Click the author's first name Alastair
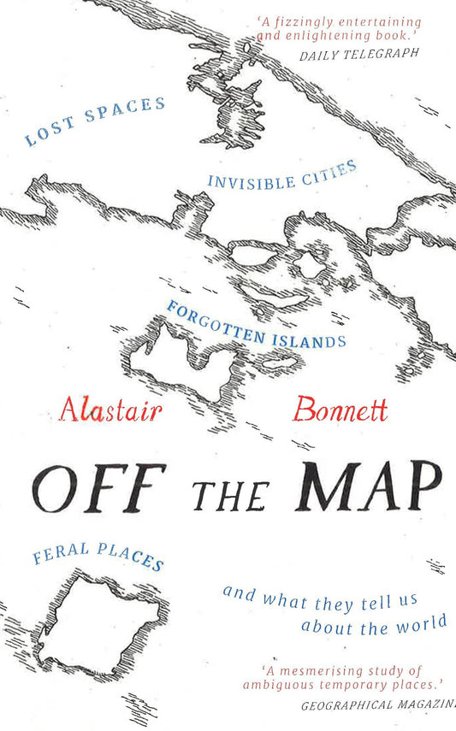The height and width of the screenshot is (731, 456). click(111, 410)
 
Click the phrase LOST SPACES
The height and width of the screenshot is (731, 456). click(94, 122)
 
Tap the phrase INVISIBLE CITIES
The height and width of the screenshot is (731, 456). click(281, 175)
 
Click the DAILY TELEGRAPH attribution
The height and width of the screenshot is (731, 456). click(358, 53)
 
